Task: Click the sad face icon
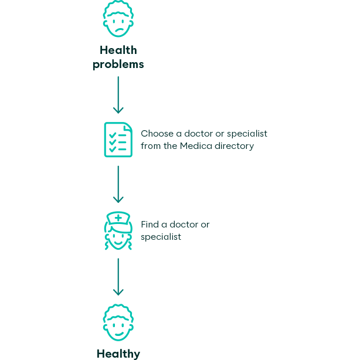(x=118, y=19)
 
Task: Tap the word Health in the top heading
(x=118, y=50)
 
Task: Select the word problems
(x=118, y=64)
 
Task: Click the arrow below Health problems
(x=118, y=95)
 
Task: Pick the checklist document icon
(x=118, y=140)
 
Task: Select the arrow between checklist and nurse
(x=118, y=184)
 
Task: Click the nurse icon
(x=118, y=230)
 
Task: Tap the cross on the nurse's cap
(x=118, y=218)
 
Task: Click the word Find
(x=150, y=225)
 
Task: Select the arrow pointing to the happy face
(x=118, y=277)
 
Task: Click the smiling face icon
(x=118, y=322)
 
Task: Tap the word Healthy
(x=118, y=354)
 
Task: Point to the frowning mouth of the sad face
(x=120, y=30)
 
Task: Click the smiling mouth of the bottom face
(x=119, y=334)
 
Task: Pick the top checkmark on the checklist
(x=113, y=135)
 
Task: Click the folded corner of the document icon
(x=128, y=127)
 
